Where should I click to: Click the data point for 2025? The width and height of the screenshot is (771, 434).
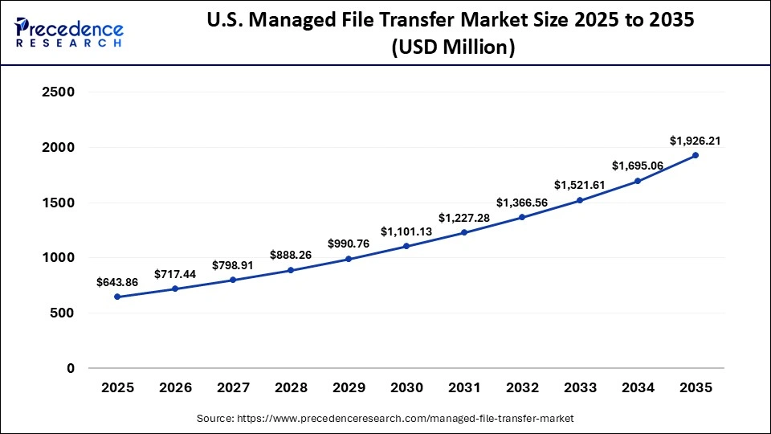click(x=118, y=297)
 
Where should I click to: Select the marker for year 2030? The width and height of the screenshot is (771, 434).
click(x=406, y=246)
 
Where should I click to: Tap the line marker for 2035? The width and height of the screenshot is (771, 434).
click(x=696, y=155)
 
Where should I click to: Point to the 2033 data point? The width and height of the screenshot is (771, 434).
click(x=580, y=200)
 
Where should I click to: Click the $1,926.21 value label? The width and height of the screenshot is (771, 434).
click(x=695, y=141)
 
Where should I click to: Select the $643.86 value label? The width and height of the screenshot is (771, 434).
click(x=118, y=282)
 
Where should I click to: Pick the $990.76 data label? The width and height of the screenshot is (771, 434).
click(x=349, y=244)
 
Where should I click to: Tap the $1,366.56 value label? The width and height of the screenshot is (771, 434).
click(x=522, y=203)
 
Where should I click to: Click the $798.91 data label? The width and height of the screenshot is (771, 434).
click(x=234, y=265)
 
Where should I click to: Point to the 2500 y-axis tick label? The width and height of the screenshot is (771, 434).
click(x=57, y=92)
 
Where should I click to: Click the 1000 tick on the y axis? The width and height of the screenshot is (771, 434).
click(x=57, y=258)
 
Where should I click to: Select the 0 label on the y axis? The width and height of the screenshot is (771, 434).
click(x=71, y=368)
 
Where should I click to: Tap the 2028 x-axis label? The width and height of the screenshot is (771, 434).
click(x=292, y=387)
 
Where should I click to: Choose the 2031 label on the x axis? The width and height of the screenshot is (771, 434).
click(x=464, y=387)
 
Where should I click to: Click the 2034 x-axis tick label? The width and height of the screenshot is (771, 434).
click(x=638, y=387)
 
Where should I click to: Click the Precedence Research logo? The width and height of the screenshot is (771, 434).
click(x=69, y=32)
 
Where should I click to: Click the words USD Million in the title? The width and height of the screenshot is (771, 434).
click(x=453, y=48)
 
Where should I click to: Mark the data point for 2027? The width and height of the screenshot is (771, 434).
click(x=234, y=280)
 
